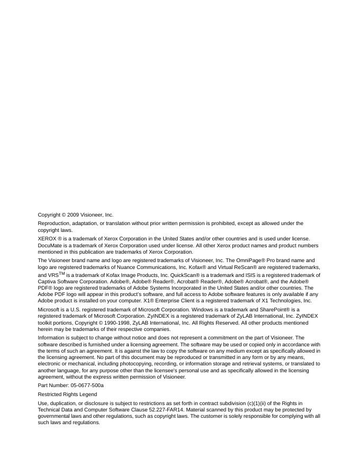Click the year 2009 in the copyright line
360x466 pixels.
click(x=74, y=215)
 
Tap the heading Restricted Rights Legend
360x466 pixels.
click(x=67, y=395)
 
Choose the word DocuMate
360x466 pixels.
click(x=50, y=245)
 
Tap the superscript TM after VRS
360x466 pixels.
click(x=61, y=273)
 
